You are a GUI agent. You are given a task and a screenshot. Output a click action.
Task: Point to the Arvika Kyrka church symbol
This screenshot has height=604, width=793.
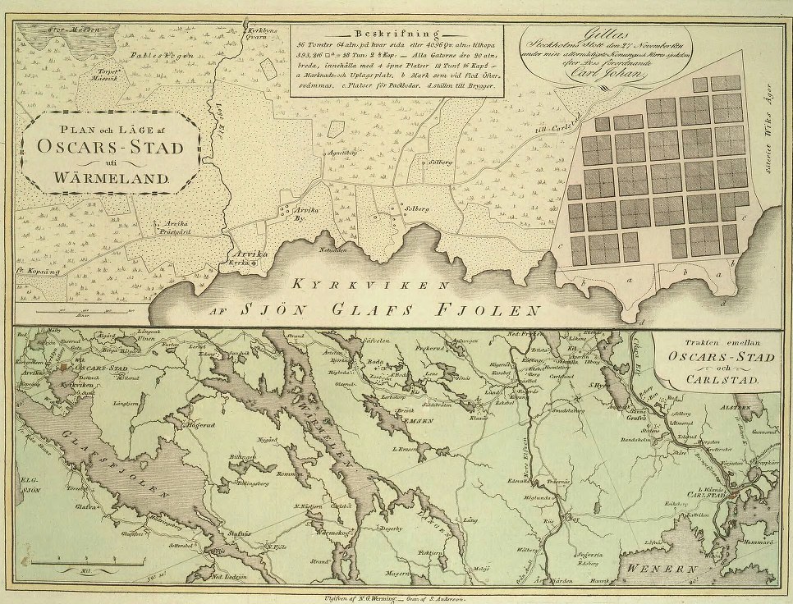[x=254, y=263]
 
